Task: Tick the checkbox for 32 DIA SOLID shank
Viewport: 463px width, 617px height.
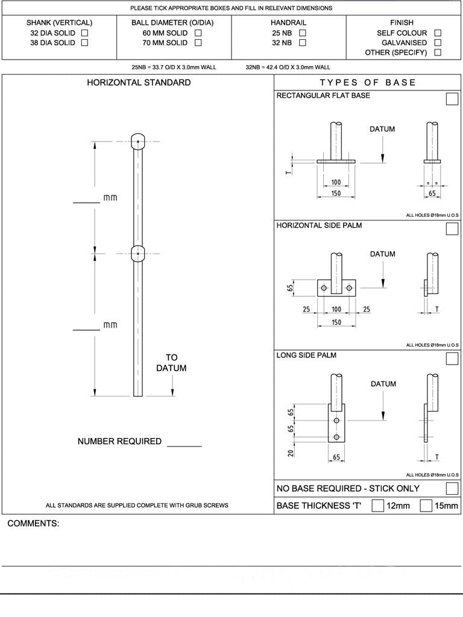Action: (84, 33)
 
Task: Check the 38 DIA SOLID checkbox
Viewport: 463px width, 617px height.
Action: (84, 43)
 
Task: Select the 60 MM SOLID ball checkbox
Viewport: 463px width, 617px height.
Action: (198, 33)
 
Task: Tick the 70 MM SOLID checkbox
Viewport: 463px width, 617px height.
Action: (198, 43)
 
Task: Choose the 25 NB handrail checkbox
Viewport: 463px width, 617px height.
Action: (303, 33)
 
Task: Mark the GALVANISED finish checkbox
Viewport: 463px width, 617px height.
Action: (438, 43)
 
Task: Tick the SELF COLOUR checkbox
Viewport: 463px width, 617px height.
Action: (438, 33)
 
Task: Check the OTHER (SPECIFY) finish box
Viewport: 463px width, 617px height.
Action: (438, 52)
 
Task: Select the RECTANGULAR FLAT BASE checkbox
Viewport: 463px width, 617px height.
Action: (452, 99)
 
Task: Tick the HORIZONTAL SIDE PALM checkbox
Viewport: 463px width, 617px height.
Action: (452, 228)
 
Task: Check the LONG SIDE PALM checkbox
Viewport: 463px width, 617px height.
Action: (452, 359)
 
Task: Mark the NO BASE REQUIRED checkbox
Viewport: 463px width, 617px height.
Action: (452, 488)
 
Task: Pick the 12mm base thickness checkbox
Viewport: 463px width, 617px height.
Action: (378, 506)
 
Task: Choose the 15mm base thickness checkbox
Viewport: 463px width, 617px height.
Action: (426, 506)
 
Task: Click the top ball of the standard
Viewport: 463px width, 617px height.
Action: (138, 142)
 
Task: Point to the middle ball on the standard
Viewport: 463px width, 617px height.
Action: (138, 254)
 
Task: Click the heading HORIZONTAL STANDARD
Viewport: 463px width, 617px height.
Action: (139, 83)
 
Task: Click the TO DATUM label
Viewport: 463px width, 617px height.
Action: (172, 363)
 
